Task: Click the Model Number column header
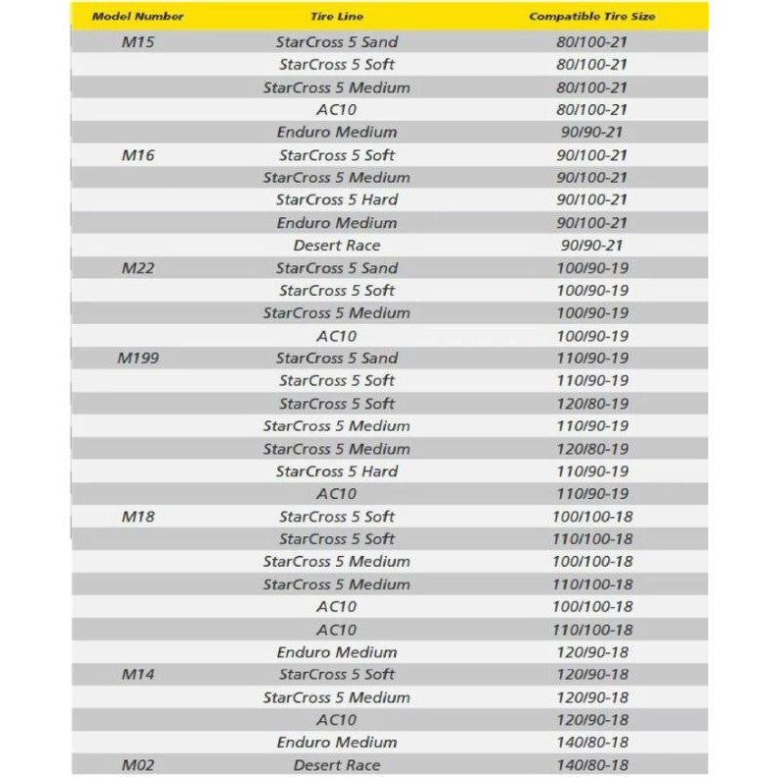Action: (138, 17)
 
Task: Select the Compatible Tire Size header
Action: (591, 17)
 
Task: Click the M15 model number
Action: (138, 42)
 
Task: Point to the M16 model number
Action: (138, 155)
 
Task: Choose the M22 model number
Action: (138, 268)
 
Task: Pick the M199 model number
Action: (138, 359)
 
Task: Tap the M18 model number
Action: (138, 517)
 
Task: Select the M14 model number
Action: (138, 675)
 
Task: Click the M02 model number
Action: (138, 765)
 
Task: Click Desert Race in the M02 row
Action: (336, 765)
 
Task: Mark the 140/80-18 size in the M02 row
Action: (591, 765)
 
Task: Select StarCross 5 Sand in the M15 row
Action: (336, 42)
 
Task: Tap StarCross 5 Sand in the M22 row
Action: (336, 268)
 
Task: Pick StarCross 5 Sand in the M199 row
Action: (336, 359)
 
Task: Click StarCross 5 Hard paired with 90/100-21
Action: (336, 200)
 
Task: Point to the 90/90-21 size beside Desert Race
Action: (591, 246)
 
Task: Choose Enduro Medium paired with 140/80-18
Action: (336, 743)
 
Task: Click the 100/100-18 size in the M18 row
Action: (591, 517)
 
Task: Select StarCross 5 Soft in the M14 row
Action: (336, 675)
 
